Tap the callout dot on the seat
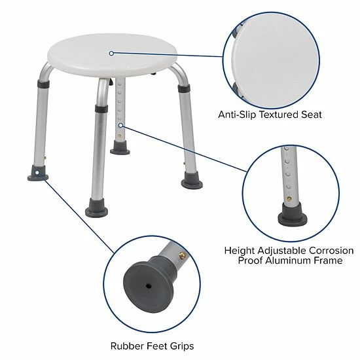pyautogui.click(x=112, y=53)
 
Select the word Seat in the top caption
pyautogui.click(x=310, y=115)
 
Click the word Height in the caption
pyautogui.click(x=240, y=250)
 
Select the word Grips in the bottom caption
pyautogui.click(x=180, y=346)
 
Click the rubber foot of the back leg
pyautogui.click(x=120, y=148)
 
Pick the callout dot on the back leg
pyautogui.click(x=120, y=124)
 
